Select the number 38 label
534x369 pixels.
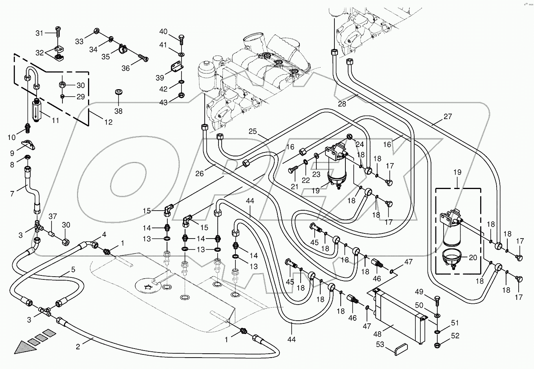118,111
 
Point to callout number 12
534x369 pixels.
108,122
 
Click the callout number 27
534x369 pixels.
448,116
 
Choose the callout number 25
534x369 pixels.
252,131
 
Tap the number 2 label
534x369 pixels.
78,346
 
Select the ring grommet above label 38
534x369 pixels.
118,92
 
